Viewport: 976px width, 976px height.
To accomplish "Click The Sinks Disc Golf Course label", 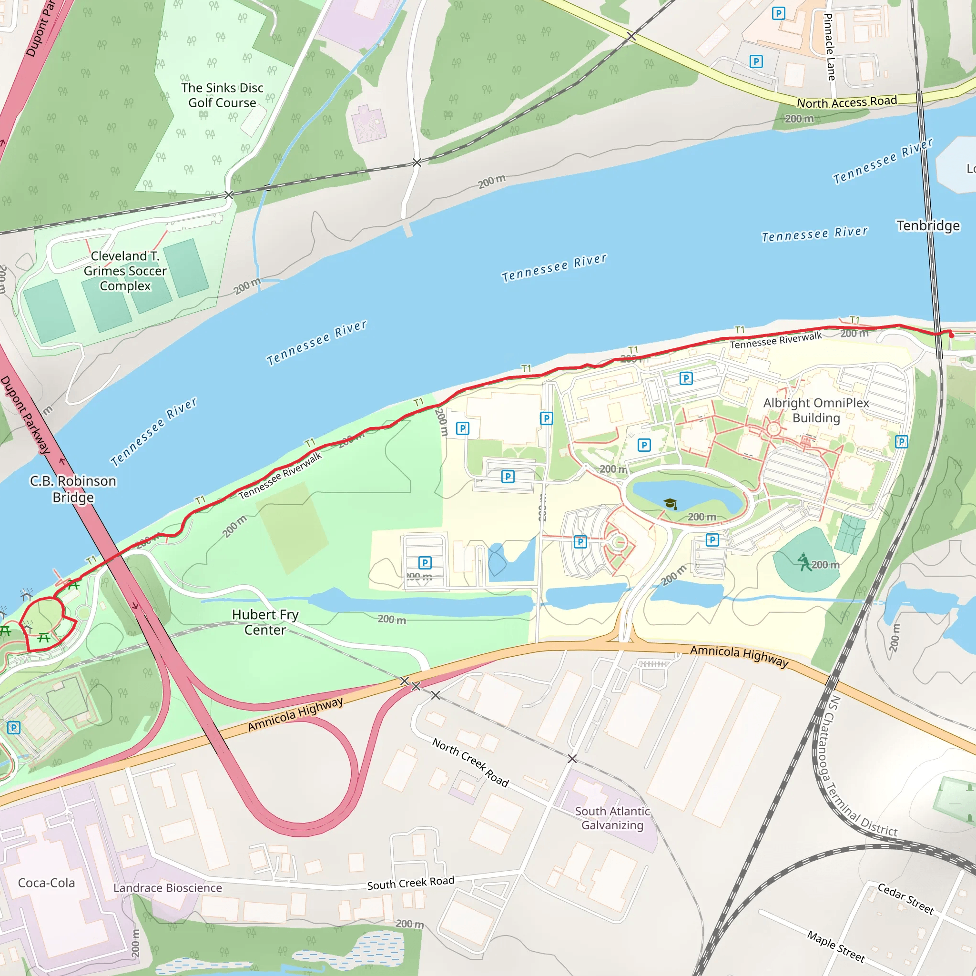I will coord(222,95).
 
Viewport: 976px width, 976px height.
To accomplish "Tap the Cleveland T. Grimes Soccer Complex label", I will coord(125,271).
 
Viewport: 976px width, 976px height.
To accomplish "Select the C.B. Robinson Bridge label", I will coord(73,488).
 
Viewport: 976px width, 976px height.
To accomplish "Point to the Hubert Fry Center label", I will coord(265,622).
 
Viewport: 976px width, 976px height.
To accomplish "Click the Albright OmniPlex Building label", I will coord(816,410).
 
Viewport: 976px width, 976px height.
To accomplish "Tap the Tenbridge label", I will coord(928,225).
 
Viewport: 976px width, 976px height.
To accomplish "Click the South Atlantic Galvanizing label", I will coord(612,818).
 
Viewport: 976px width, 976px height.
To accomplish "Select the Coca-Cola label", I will coord(47,883).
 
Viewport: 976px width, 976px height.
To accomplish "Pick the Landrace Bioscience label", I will coord(167,887).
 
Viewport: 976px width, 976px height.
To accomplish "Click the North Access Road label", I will coord(847,102).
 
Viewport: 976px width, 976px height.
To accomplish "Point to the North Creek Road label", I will coord(470,762).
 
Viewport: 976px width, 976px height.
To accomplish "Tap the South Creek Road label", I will coord(411,883).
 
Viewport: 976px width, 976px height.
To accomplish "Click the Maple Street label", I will coord(836,946).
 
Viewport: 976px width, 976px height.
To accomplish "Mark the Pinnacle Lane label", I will coord(830,47).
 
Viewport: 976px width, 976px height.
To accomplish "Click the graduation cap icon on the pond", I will coord(671,503).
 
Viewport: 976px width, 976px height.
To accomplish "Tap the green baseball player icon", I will coord(804,562).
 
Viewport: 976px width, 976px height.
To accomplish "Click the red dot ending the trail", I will coord(951,335).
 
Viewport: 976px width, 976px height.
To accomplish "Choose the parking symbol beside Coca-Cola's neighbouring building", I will coord(14,727).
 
